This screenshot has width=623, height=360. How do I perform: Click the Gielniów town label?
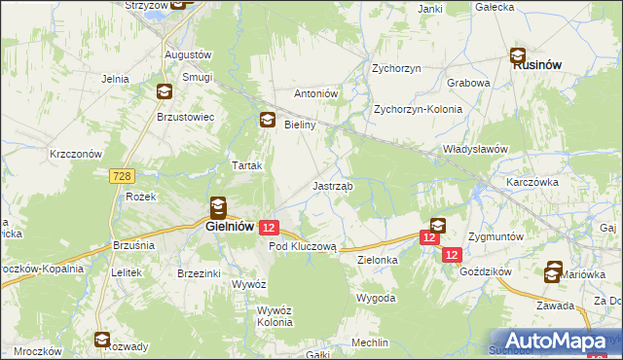coord(230,226)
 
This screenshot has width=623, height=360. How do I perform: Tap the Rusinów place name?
coord(529,66)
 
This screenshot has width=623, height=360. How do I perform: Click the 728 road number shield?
coord(121,175)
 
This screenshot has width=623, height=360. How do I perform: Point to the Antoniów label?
coord(315,93)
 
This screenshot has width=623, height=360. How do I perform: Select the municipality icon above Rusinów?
coord(520,55)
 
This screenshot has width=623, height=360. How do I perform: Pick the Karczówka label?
coord(531,182)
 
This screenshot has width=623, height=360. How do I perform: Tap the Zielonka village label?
coord(379,261)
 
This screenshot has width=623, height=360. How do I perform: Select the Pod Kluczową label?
coord(302,247)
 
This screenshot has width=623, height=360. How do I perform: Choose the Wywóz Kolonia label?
coord(274,316)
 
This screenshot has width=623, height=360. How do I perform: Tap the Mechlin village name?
coord(371,342)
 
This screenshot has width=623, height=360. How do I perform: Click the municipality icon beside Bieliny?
coord(267,121)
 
